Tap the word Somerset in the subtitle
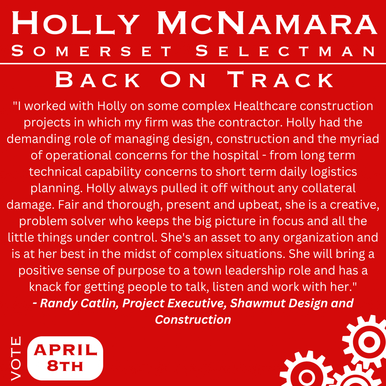pos(92,51)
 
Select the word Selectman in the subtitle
pos(286,51)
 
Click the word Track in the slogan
pos(280,79)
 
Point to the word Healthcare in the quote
pos(265,106)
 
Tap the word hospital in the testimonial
pos(236,156)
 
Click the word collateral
pos(329,188)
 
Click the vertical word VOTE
pos(16,358)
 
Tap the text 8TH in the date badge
pos(65,366)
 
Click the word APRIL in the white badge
pos(65,350)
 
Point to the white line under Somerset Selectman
pos(193,64)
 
